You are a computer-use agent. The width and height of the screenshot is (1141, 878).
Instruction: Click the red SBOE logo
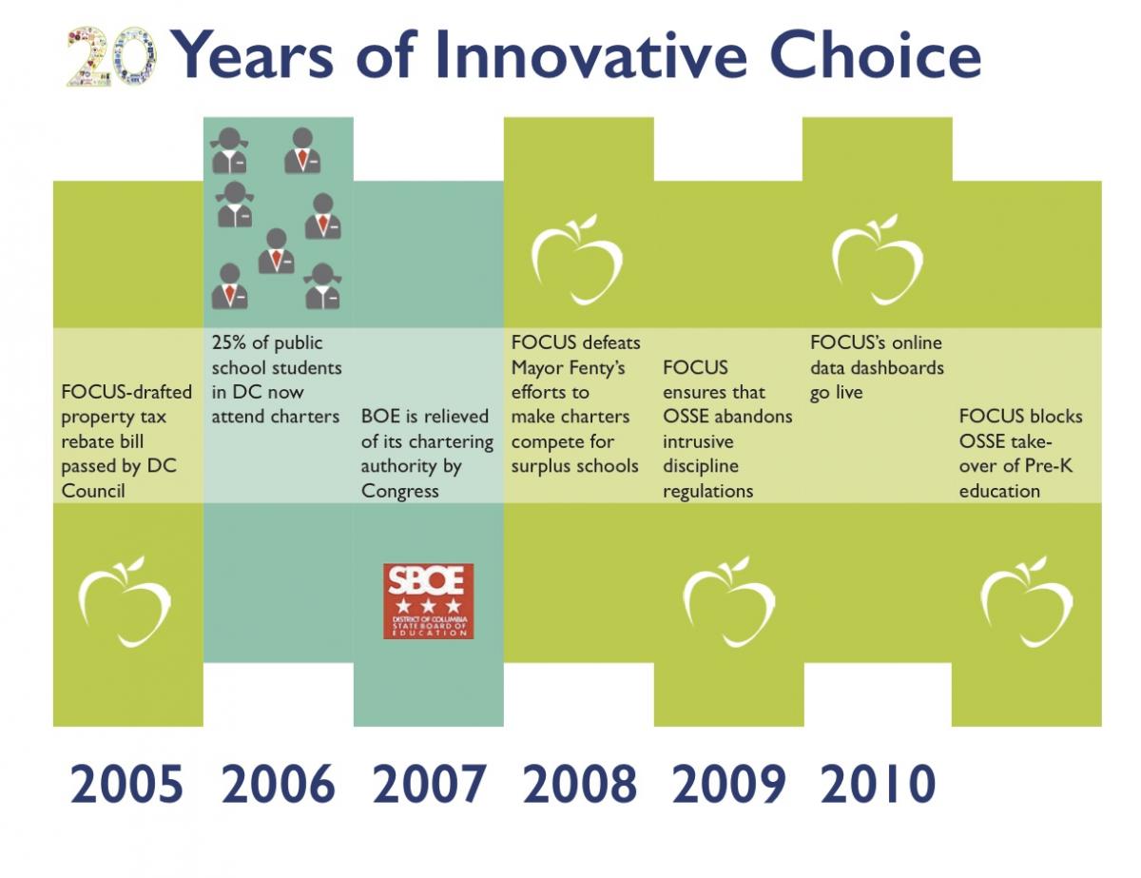428,601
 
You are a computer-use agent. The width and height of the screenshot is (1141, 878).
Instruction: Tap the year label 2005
126,784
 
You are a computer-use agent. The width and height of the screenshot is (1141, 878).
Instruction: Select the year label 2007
429,784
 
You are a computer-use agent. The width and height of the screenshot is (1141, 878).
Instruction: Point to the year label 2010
878,784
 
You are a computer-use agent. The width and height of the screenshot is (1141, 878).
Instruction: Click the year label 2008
579,784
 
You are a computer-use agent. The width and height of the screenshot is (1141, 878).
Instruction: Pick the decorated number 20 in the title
112,57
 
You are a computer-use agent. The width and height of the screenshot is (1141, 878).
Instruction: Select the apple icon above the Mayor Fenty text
576,259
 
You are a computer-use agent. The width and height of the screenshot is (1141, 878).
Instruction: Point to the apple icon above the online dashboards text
877,259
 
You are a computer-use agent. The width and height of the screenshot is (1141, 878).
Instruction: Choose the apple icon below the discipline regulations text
728,602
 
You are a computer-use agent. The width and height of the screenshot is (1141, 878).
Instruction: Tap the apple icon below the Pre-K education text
1027,602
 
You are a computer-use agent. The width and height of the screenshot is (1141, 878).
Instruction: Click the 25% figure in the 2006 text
229,342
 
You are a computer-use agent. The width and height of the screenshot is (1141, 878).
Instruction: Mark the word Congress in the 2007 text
399,491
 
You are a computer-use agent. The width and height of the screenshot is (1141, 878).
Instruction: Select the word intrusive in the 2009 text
698,441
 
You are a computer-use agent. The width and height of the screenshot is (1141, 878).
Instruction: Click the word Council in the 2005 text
93,491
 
